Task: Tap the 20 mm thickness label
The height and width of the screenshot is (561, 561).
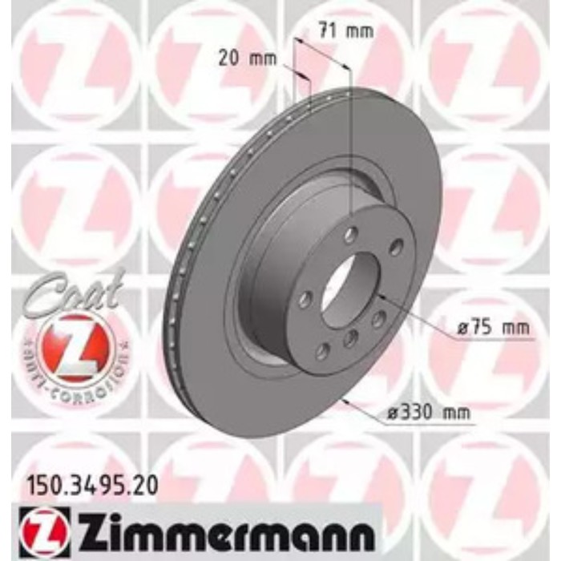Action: click(x=248, y=58)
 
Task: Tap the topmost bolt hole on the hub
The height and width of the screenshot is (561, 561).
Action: click(x=350, y=235)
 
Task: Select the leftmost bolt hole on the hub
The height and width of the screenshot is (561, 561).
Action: click(x=305, y=300)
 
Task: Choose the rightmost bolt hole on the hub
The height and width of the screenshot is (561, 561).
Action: click(x=395, y=248)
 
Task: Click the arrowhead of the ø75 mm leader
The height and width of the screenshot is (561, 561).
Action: click(x=377, y=296)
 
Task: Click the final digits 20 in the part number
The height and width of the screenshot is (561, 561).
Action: click(x=145, y=484)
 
